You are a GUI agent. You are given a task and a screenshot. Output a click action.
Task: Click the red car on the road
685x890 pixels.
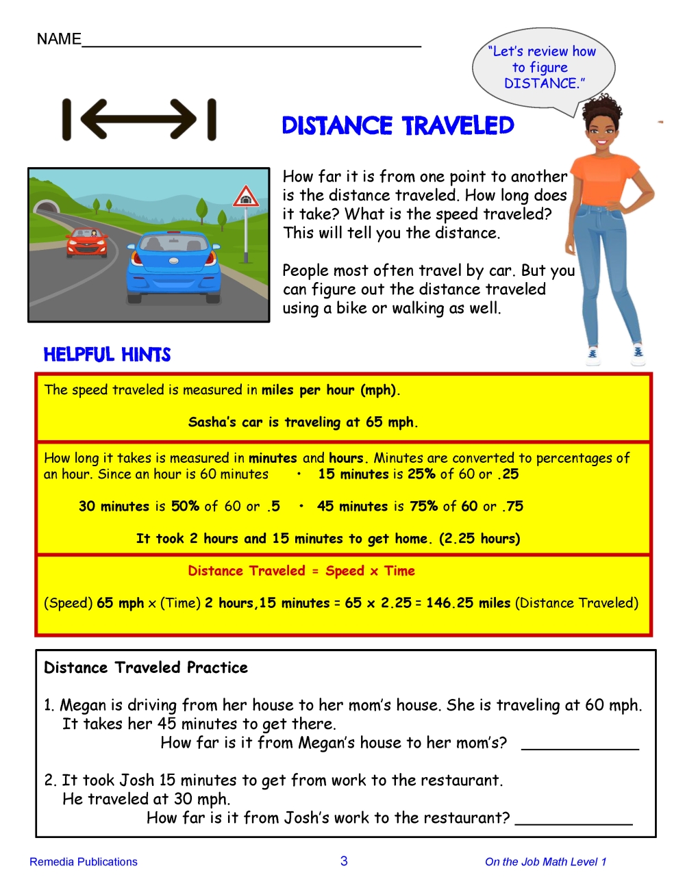86,242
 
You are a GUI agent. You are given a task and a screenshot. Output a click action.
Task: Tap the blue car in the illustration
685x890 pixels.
173,270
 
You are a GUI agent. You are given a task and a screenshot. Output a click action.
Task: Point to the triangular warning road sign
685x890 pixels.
245,197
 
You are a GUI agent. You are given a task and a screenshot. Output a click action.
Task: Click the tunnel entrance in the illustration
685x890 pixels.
47,207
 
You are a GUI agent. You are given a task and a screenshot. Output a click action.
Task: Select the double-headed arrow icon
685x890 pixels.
140,120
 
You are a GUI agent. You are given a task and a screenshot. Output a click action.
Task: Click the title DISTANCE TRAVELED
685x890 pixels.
398,126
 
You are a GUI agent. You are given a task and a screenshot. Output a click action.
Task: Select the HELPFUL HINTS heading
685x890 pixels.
107,355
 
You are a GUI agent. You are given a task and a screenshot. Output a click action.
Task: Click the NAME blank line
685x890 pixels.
251,42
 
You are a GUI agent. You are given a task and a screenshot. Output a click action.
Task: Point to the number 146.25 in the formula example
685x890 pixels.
449,603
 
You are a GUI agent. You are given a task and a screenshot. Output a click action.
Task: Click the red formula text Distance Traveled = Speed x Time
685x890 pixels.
301,571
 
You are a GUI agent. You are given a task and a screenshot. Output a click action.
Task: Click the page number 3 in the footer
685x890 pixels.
344,861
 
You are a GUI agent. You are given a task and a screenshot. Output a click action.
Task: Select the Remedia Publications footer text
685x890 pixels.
84,862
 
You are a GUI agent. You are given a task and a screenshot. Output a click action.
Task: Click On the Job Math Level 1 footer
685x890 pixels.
545,862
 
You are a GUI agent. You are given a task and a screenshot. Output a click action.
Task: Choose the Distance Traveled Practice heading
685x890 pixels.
146,667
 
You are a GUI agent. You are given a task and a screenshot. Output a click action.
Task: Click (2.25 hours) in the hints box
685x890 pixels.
480,539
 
